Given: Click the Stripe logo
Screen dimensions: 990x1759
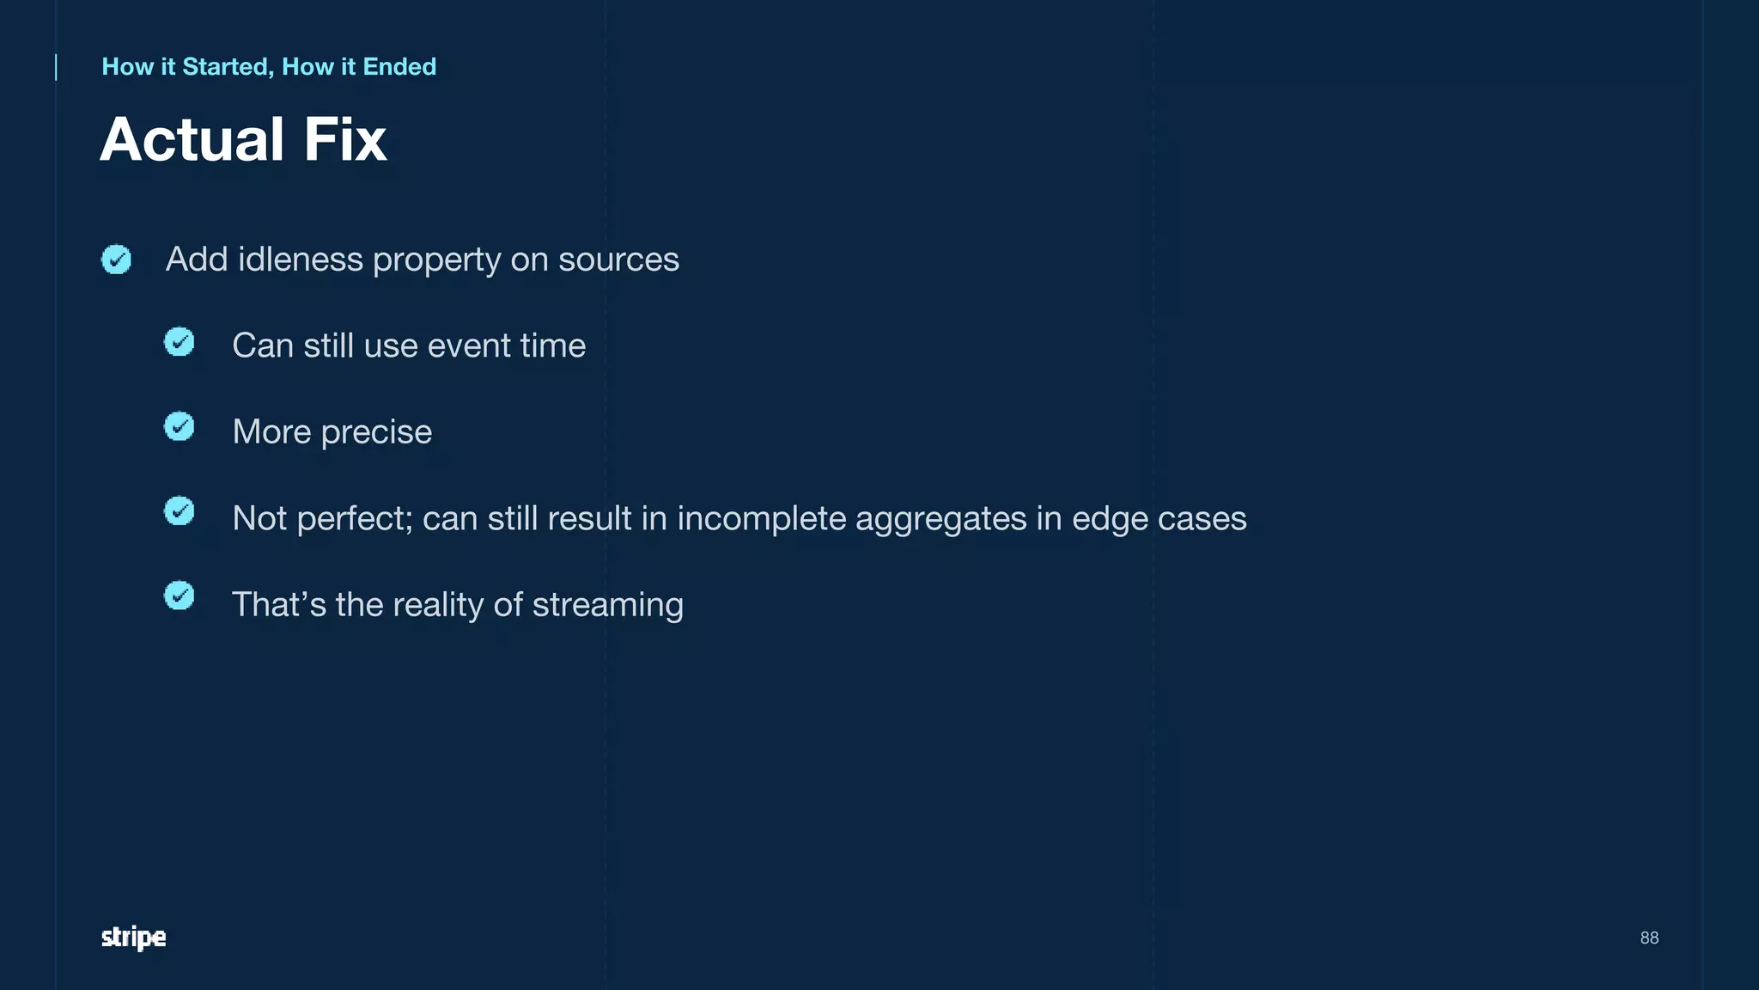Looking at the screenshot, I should [133, 938].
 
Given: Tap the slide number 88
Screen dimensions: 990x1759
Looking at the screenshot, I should [1649, 938].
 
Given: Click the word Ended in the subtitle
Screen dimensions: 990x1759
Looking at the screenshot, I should [399, 67].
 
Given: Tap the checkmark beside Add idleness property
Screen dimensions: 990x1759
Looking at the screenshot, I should [116, 259].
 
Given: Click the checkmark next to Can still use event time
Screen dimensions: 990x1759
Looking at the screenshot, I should [179, 342].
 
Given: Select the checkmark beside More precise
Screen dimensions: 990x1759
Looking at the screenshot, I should [179, 426].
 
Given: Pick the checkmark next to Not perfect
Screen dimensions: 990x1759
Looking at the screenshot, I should [179, 511].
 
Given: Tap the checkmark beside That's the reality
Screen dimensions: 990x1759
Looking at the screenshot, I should [179, 596].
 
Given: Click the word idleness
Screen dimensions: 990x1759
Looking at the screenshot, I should [300, 260].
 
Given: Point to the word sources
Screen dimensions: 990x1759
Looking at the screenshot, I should [618, 260].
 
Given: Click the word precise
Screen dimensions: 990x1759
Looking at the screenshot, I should [376, 432].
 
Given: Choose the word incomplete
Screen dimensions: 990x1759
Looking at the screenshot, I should [761, 519].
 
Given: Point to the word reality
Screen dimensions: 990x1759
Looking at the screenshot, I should [438, 605].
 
